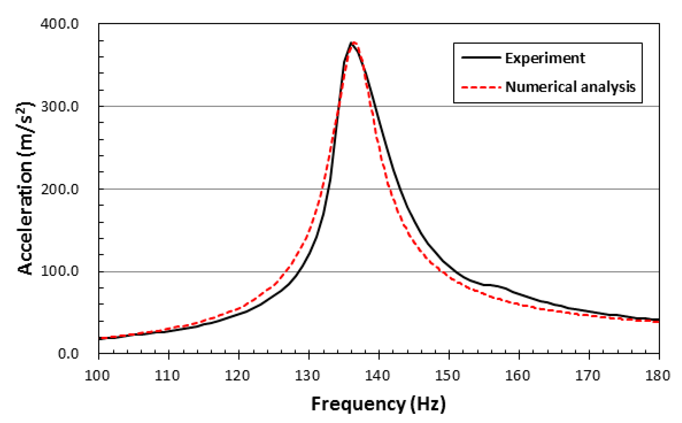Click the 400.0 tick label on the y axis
60,24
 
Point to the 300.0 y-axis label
60,107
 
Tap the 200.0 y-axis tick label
60,190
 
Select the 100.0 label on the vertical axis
60,271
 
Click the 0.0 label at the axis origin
68,354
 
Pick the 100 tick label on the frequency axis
97,375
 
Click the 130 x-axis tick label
307,375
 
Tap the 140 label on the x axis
377,375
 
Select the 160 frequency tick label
518,375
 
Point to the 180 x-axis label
658,375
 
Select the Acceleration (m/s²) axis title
26,189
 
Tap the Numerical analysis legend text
570,87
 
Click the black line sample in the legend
481,57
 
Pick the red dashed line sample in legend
481,87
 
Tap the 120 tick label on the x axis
237,375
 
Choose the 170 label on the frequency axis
588,375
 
